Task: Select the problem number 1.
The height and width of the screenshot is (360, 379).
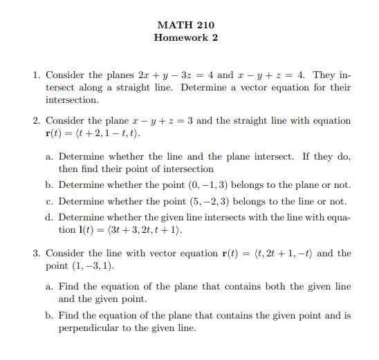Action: (x=37, y=75)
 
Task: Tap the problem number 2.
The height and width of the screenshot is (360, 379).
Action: (x=37, y=121)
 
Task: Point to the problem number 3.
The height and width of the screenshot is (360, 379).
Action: (x=37, y=254)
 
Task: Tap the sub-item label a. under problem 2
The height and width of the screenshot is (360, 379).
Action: (x=50, y=157)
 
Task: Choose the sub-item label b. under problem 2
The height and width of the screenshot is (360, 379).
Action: (x=50, y=185)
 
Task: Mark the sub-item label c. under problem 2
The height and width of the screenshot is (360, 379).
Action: (x=50, y=202)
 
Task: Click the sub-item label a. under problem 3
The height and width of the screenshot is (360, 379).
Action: (x=50, y=287)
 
